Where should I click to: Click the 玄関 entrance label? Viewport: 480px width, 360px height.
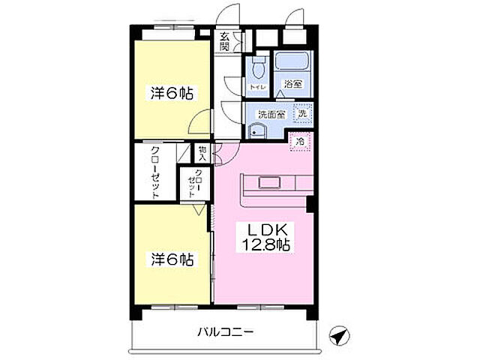(x=224, y=41)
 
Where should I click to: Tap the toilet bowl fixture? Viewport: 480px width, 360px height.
(x=258, y=70)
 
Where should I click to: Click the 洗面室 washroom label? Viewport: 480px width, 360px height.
(x=269, y=115)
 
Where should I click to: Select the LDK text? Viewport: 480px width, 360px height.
(x=265, y=229)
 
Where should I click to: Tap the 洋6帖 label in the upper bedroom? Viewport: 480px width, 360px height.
(x=172, y=94)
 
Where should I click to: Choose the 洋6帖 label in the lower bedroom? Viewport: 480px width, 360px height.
(x=172, y=259)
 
